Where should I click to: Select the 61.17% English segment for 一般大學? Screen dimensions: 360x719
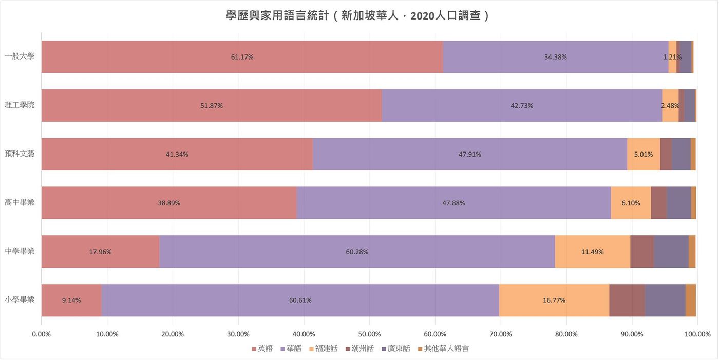[242, 57]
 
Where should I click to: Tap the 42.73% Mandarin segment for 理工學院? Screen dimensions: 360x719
[522, 106]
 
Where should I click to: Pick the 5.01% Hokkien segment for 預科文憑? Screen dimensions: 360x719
[643, 154]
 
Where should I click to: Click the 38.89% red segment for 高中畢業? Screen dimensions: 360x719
[169, 203]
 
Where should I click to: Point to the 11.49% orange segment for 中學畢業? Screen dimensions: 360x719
[592, 252]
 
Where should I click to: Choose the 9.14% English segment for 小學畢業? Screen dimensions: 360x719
[71, 300]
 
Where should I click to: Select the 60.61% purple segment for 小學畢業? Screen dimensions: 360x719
[300, 300]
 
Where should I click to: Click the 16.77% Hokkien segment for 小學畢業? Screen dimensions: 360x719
[554, 300]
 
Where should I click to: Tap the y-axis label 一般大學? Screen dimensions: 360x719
[20, 57]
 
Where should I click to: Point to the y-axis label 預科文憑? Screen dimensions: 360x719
[20, 154]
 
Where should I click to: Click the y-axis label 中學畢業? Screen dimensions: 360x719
[20, 252]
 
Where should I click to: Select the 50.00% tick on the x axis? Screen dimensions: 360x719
[369, 334]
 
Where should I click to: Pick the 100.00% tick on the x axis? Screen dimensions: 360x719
[696, 334]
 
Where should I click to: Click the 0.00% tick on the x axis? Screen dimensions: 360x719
[42, 334]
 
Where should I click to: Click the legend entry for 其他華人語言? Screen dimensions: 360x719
[446, 349]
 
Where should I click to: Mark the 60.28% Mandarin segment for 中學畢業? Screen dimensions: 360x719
[357, 252]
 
